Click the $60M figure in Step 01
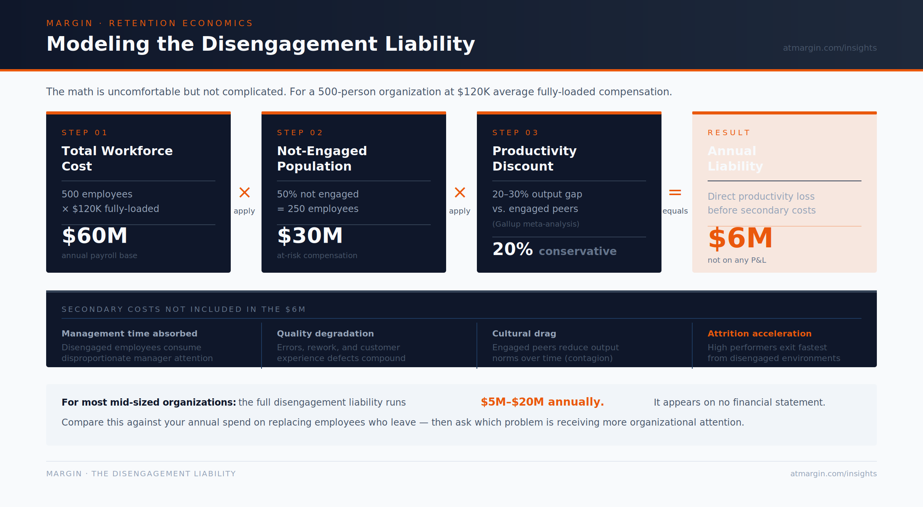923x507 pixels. (95, 235)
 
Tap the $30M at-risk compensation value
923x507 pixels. (310, 235)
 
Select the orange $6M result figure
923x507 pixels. (740, 238)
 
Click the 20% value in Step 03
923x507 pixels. (512, 249)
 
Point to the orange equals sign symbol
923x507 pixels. (675, 192)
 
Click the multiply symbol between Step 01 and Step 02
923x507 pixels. (245, 192)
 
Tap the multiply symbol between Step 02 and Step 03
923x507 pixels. (460, 192)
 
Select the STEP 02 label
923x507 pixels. (300, 133)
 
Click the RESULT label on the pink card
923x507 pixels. (729, 133)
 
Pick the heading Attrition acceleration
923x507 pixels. (760, 333)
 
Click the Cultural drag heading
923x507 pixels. (524, 333)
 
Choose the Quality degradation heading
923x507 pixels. (325, 333)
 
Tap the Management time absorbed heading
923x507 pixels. (130, 333)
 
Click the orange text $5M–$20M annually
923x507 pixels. (542, 402)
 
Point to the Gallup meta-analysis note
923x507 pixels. (536, 224)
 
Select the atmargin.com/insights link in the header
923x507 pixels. (830, 48)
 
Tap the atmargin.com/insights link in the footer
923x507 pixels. (833, 474)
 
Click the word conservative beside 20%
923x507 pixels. (578, 251)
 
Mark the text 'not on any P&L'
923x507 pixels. (737, 260)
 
